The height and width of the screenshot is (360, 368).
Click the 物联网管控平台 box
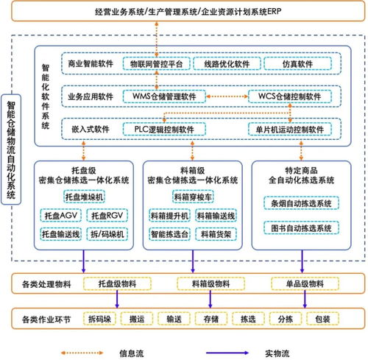coord(156,64)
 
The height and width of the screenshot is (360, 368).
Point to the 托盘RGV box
coord(107,216)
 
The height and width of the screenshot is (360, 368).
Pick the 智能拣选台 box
coord(169,234)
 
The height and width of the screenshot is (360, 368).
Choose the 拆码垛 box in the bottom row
coord(99,319)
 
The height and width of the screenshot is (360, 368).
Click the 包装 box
coord(322,319)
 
